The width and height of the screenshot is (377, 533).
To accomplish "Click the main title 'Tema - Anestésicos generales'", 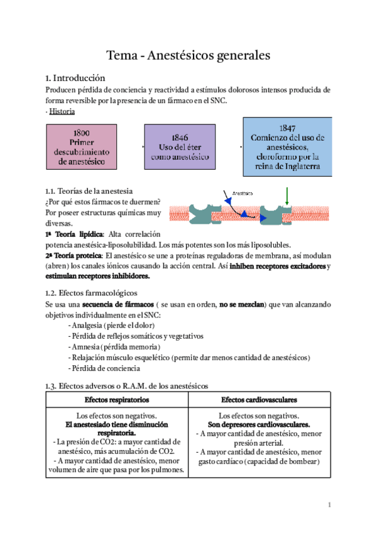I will pyautogui.click(x=188, y=55).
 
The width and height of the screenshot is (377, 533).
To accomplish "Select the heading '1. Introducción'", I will pyautogui.click(x=75, y=79).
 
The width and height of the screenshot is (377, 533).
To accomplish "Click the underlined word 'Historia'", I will pyautogui.click(x=62, y=111).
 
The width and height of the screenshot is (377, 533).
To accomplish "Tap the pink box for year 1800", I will pyautogui.click(x=81, y=147).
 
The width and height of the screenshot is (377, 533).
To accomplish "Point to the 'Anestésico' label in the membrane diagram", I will pyautogui.click(x=244, y=194).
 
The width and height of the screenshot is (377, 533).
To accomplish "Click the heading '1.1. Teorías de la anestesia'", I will pyautogui.click(x=89, y=190).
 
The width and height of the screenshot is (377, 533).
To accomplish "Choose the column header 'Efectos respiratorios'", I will pyautogui.click(x=117, y=400).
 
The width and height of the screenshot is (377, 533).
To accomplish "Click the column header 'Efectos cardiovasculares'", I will pyautogui.click(x=259, y=400).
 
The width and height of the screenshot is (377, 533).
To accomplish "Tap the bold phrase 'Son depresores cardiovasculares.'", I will pyautogui.click(x=259, y=425).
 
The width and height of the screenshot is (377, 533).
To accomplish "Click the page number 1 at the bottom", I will pyautogui.click(x=329, y=505).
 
